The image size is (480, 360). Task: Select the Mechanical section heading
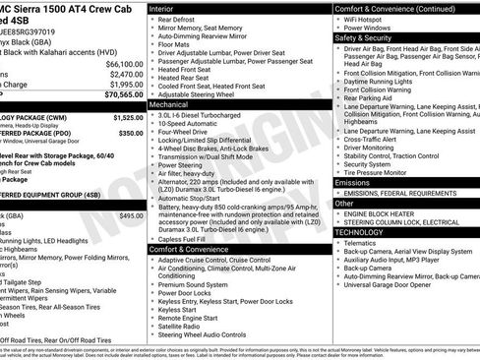(x=175, y=103)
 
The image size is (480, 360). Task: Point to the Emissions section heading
(x=353, y=183)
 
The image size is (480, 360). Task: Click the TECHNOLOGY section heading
(x=364, y=231)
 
